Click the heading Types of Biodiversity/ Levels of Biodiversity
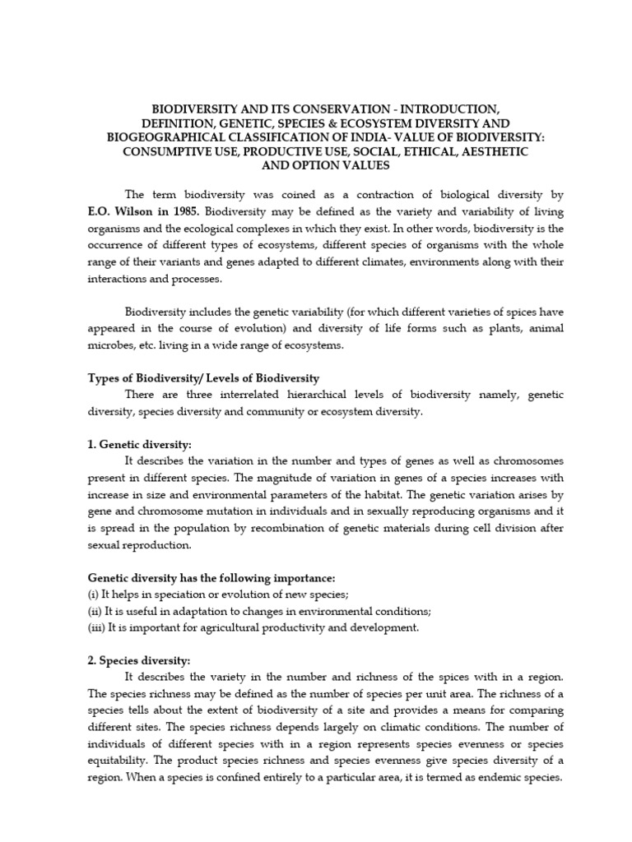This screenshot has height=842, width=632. coord(203,378)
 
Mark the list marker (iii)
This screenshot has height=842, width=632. coord(98,627)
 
